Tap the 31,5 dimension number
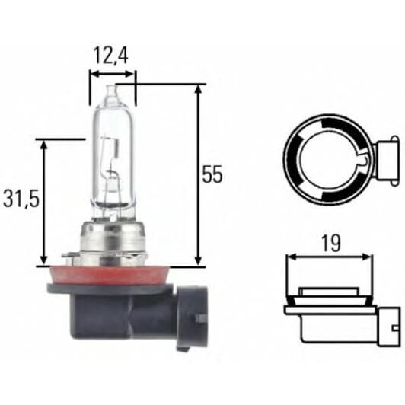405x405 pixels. point(21,200)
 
